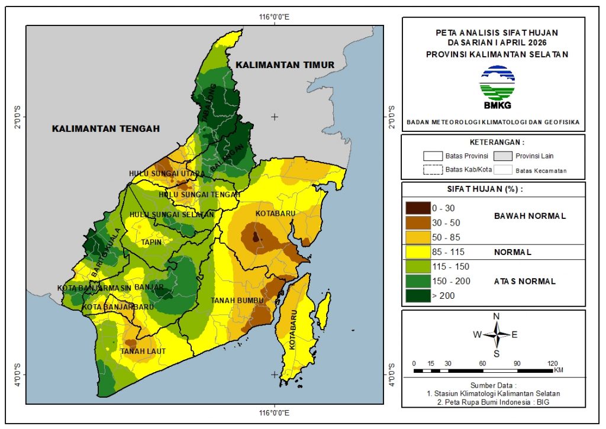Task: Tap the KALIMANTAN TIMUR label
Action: tap(284, 64)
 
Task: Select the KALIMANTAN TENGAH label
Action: tap(105, 128)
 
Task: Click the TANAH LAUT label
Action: tap(143, 351)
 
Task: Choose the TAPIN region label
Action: tap(151, 242)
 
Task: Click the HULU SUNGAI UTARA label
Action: tap(166, 173)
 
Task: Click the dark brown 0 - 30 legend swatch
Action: tap(418, 208)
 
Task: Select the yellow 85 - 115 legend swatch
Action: tap(418, 252)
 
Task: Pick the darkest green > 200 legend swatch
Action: tap(418, 295)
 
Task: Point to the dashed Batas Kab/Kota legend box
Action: tap(433, 170)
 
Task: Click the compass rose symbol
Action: tap(497, 334)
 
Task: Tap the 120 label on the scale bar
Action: tap(553, 363)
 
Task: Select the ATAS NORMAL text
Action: tap(524, 282)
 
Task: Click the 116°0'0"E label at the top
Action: tap(274, 16)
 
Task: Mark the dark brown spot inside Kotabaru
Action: tap(256, 237)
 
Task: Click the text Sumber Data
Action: tap(494, 385)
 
